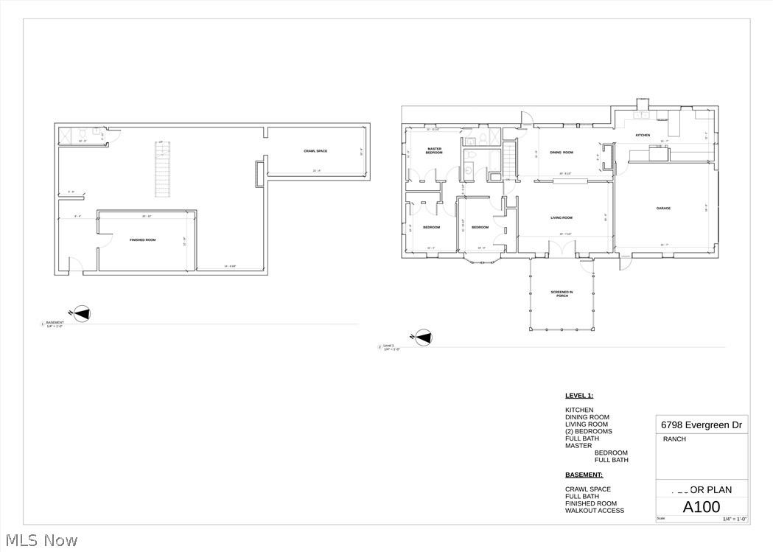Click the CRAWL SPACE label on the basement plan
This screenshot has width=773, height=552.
coord(315,151)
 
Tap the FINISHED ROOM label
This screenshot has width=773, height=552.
coord(143,240)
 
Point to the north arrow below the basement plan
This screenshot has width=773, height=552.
coord(82,314)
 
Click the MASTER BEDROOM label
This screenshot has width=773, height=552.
coord(434,150)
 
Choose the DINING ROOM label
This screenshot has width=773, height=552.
coord(562,153)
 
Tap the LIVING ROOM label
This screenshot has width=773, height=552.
coord(562,217)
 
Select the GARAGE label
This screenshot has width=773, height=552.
coord(663,209)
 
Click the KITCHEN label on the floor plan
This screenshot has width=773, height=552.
coord(643,135)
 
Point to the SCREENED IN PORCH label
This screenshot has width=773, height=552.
coord(562,294)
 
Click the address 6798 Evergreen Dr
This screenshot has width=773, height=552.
coord(701,425)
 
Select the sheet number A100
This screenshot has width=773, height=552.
coord(702,507)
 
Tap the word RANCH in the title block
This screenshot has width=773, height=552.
coord(674,439)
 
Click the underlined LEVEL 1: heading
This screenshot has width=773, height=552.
coord(579,396)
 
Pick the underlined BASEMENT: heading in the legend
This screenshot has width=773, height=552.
coord(584,475)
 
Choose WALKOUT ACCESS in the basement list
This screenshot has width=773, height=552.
coord(594,511)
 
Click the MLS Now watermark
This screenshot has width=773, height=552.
coord(40,540)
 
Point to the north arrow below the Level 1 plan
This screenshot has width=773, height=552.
coord(423,338)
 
